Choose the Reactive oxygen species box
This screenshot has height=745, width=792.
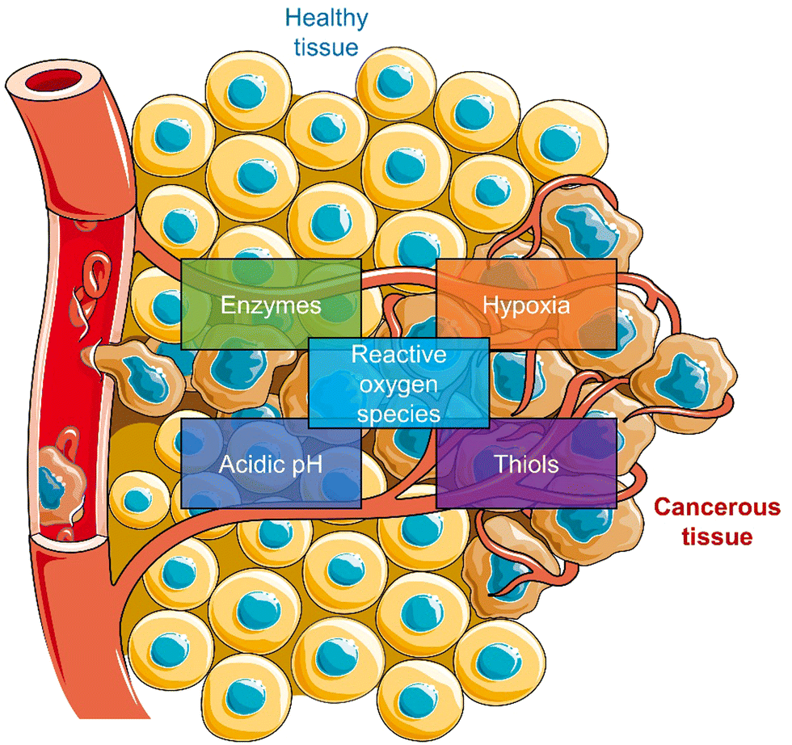pyautogui.click(x=399, y=382)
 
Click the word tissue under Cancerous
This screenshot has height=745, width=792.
pyautogui.click(x=718, y=536)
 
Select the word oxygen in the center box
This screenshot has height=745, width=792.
pyautogui.click(x=399, y=383)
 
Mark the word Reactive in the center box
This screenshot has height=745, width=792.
pyautogui.click(x=399, y=353)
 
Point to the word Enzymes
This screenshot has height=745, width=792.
pyautogui.click(x=270, y=305)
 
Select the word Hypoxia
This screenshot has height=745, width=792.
pyautogui.click(x=526, y=305)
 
